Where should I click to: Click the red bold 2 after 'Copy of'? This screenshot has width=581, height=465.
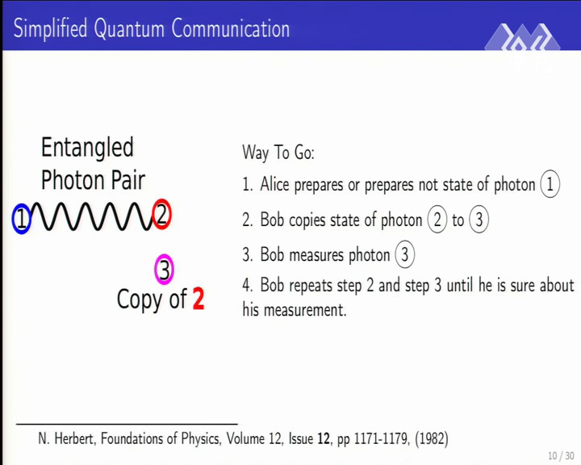[199, 299]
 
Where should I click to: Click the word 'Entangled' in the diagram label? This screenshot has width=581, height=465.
[87, 148]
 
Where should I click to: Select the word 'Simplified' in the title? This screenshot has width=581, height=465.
[50, 28]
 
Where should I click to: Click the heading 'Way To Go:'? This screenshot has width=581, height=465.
[278, 152]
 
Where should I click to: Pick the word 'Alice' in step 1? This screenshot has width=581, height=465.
[274, 184]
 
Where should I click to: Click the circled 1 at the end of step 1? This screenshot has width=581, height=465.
[550, 184]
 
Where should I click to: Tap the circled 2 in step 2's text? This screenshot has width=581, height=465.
[437, 220]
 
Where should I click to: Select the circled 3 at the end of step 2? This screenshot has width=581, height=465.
[479, 220]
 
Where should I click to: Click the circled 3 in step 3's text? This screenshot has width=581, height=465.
[404, 254]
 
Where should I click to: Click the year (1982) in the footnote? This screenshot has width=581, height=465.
[432, 438]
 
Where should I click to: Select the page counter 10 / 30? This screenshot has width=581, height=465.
[561, 455]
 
